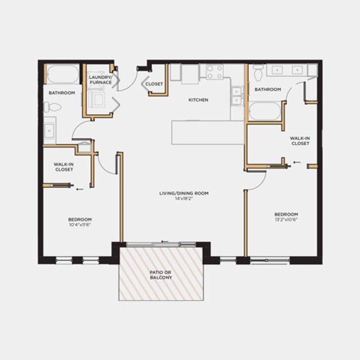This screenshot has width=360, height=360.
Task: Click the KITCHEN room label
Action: click(x=198, y=100)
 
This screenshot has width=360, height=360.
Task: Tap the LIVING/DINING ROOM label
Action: click(x=184, y=193)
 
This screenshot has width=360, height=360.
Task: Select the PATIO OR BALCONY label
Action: click(x=160, y=275)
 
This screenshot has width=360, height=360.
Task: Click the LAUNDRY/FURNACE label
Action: click(x=101, y=80)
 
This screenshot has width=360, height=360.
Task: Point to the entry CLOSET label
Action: click(x=154, y=84)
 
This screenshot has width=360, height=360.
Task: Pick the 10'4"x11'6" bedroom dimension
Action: click(x=80, y=225)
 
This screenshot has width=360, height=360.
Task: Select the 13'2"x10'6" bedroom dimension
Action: click(x=286, y=220)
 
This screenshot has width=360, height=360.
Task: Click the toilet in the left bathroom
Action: click(x=52, y=107)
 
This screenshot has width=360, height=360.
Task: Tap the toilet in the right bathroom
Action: click(x=258, y=73)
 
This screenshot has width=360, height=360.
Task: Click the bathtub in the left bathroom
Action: click(x=63, y=74)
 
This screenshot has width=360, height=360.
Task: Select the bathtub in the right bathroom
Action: click(x=265, y=111)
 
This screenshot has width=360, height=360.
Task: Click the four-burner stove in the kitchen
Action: click(x=214, y=72)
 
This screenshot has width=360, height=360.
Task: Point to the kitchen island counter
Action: click(x=208, y=133)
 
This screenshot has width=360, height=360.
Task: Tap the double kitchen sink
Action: click(x=237, y=96)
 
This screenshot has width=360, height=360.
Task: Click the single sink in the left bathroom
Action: click(x=49, y=131)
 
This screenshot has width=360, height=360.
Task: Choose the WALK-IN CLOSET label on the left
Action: click(x=64, y=167)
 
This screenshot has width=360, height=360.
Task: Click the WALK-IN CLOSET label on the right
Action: click(x=300, y=141)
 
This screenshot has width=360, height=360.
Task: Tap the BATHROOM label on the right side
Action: click(x=268, y=89)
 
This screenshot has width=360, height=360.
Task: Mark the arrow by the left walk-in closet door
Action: click(x=80, y=189)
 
